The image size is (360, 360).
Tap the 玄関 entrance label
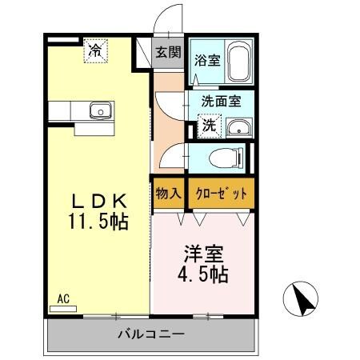pos(168,53)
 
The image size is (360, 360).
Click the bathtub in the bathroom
pos(239,62)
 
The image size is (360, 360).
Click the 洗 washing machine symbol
pos(208,125)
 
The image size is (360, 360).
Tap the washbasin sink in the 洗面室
pos(238,128)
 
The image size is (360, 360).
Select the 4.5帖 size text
pos(203,275)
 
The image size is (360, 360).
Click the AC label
pos(63,298)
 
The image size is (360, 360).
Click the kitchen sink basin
pos(99,110)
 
